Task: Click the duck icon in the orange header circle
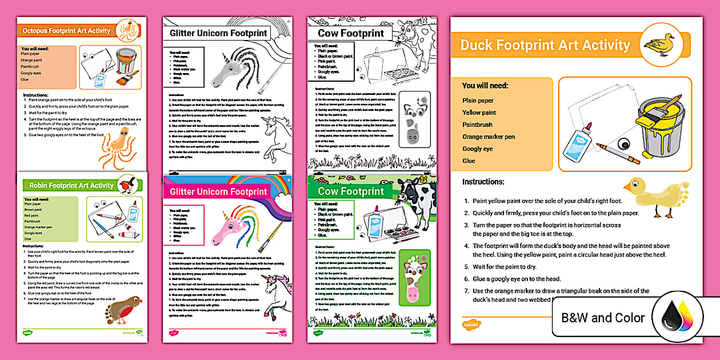pos(660,45)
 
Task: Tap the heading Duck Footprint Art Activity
pos(545,45)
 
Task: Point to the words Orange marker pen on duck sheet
pos(489,137)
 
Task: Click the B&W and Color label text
pos(603,318)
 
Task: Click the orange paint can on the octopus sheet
pos(125,60)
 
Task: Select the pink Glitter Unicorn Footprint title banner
pos(218,191)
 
